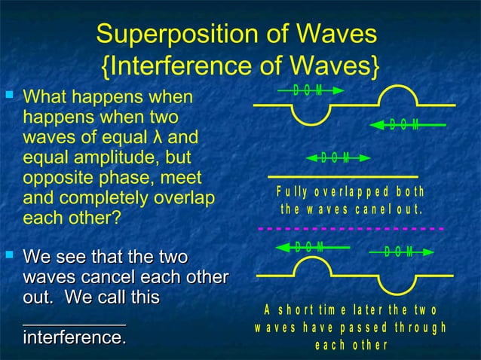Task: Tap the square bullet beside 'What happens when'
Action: (9, 96)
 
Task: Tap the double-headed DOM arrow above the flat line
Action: (339, 158)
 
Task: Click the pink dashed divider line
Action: (351, 227)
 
